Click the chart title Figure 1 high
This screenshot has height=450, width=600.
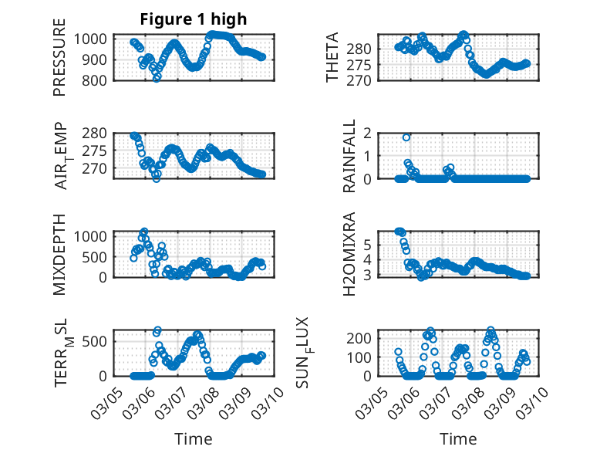pos(193,19)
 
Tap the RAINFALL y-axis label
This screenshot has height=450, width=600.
pos(349,156)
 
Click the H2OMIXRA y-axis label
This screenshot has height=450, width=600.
pos(349,253)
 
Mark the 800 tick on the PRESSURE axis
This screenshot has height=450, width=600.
pos(99,79)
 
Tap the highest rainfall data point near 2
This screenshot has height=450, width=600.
pos(406,137)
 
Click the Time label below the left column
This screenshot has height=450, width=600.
pos(193,438)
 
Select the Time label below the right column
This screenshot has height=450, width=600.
pos(458,438)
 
